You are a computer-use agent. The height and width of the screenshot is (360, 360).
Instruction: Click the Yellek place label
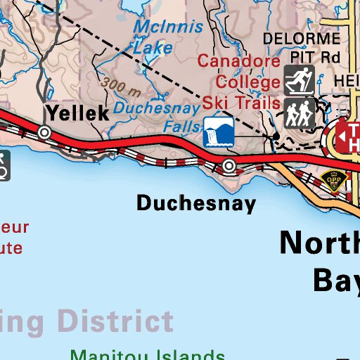77,112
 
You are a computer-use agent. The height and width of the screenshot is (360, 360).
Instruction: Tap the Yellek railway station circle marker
44,131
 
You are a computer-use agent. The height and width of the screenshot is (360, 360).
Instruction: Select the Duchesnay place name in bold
196,204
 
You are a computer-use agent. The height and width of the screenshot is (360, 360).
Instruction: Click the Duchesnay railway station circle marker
229,165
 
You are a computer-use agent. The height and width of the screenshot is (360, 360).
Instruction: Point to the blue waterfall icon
218,133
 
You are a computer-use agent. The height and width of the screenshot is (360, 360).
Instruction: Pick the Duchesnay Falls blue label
156,117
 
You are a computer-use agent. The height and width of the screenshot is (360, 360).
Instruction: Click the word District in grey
115,321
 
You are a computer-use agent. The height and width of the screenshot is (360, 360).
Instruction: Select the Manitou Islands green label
148,354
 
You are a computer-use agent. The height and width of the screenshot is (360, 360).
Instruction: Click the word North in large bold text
320,243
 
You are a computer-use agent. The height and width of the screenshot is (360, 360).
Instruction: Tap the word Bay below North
336,279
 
